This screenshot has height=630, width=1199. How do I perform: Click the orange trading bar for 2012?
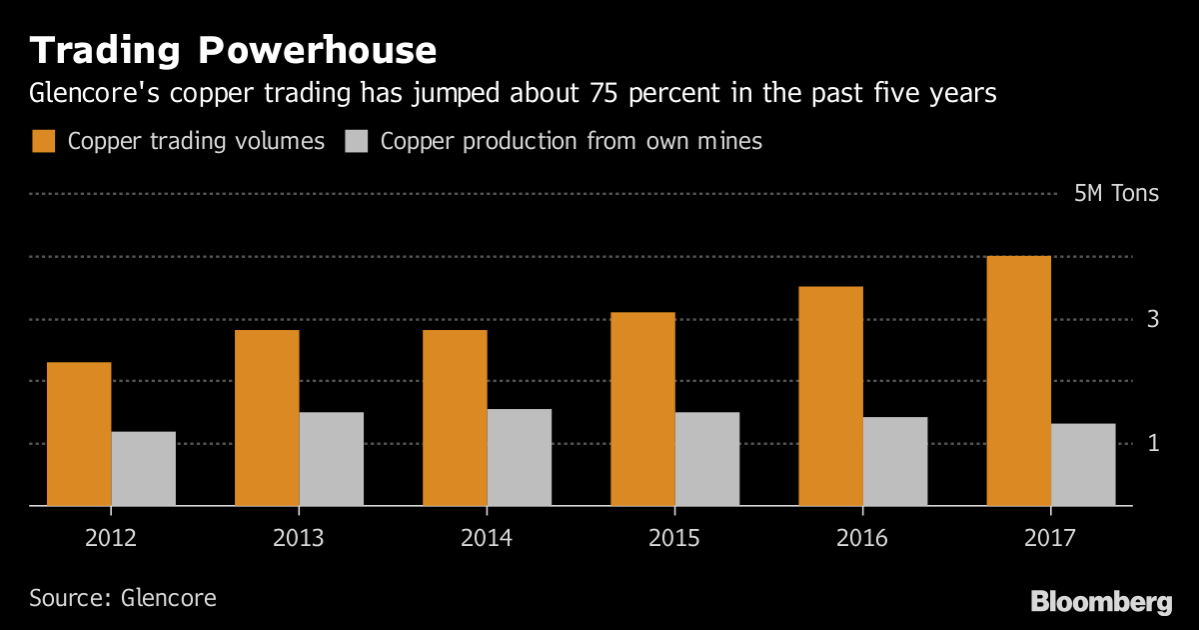pyautogui.click(x=79, y=434)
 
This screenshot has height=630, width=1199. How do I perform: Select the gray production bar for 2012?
pyautogui.click(x=143, y=469)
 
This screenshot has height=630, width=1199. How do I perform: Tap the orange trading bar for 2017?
pyautogui.click(x=1018, y=381)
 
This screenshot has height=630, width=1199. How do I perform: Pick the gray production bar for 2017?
pyautogui.click(x=1083, y=465)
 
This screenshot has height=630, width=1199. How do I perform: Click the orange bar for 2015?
pyautogui.click(x=642, y=409)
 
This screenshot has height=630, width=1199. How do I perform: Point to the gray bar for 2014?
pyautogui.click(x=519, y=457)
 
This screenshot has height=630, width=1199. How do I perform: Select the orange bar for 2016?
pyautogui.click(x=830, y=396)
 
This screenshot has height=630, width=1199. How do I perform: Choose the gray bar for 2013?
pyautogui.click(x=331, y=459)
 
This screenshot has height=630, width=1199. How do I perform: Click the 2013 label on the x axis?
pyautogui.click(x=298, y=538)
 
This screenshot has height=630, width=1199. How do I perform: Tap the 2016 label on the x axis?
pyautogui.click(x=861, y=538)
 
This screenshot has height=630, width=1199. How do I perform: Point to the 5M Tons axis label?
pyautogui.click(x=1116, y=193)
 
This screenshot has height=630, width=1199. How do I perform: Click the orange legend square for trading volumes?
pyautogui.click(x=43, y=141)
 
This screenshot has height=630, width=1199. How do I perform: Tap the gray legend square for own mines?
pyautogui.click(x=357, y=141)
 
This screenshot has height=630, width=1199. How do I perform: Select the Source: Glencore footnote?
pyautogui.click(x=122, y=598)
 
